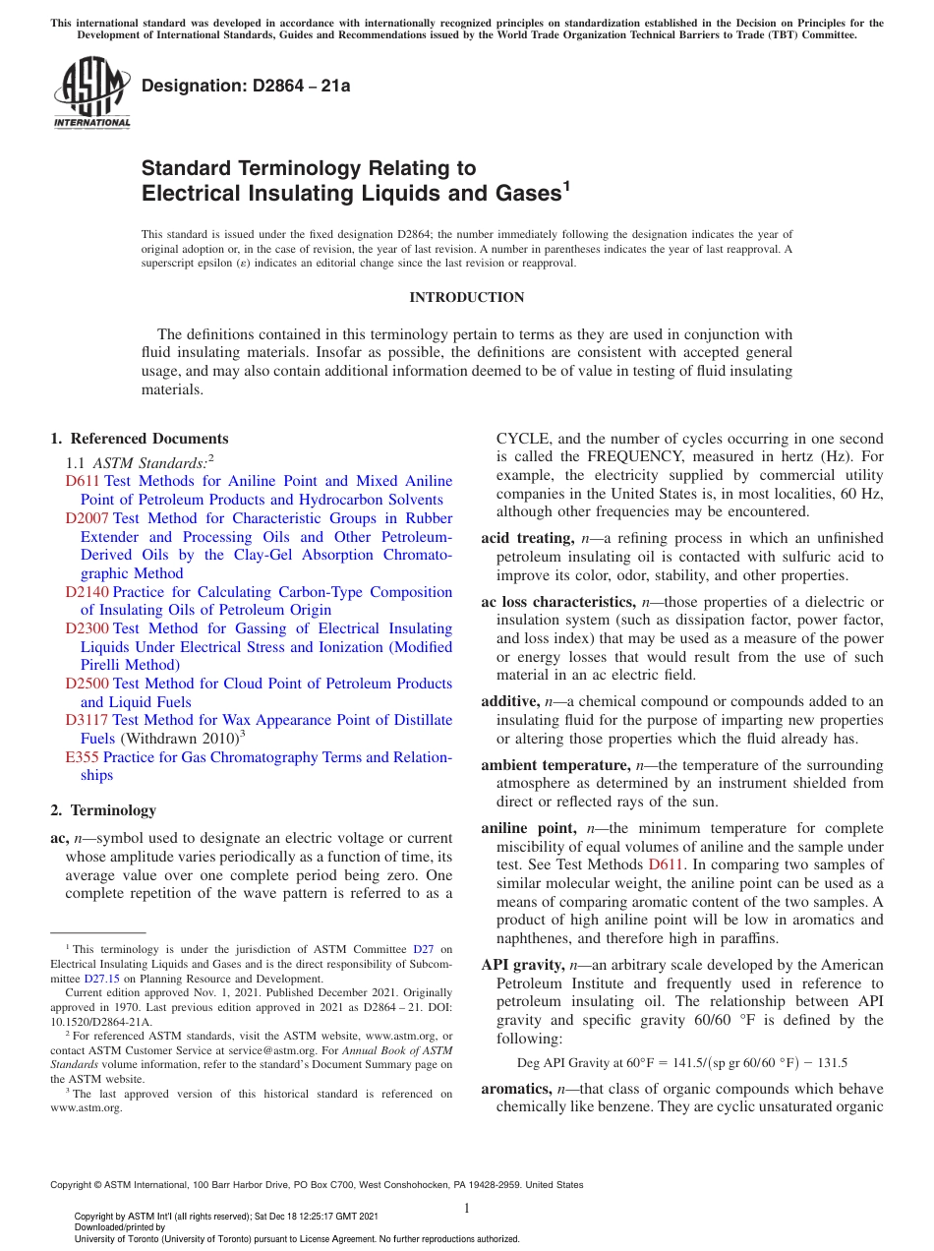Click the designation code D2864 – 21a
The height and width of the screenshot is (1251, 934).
tap(246, 86)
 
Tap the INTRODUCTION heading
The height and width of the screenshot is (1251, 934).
tap(467, 297)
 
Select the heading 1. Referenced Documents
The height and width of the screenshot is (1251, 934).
tap(140, 439)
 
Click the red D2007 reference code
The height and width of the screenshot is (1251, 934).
tap(88, 518)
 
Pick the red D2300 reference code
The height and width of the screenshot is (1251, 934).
tap(88, 628)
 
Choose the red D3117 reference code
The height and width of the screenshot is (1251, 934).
tap(88, 720)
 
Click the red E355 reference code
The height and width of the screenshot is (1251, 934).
tap(82, 757)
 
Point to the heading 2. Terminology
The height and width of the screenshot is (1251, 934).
tap(103, 810)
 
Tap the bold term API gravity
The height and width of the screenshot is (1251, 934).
tap(518, 965)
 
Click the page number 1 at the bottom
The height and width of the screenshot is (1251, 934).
tap(467, 1209)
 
